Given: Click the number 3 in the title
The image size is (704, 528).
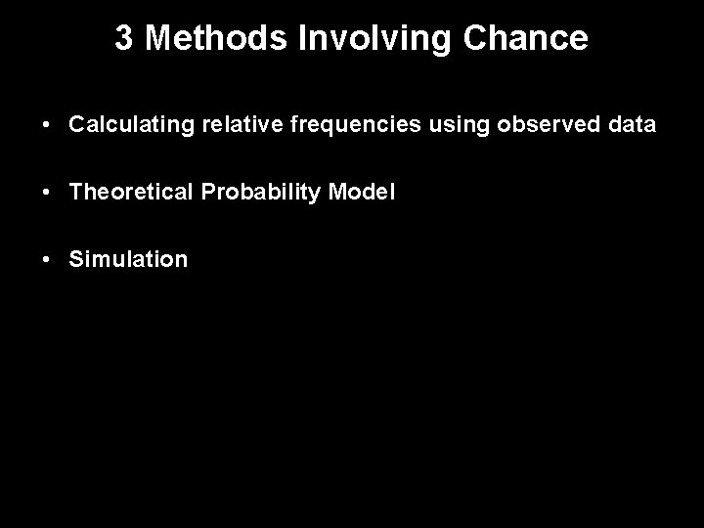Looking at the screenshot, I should coord(124,38).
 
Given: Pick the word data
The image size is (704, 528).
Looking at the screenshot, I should coord(631,126).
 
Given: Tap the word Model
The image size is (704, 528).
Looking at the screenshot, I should coord(363,193).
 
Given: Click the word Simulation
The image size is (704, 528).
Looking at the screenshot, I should coord(128,259).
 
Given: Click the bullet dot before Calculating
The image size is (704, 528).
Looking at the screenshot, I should coord(46,127).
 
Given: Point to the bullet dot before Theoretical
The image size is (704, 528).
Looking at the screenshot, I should coord(46,194).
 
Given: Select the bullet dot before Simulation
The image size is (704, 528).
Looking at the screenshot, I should coord(46,260).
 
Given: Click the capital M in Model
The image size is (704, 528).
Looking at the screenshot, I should coord(338,193).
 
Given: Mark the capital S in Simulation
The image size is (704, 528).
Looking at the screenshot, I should coord(76,259).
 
